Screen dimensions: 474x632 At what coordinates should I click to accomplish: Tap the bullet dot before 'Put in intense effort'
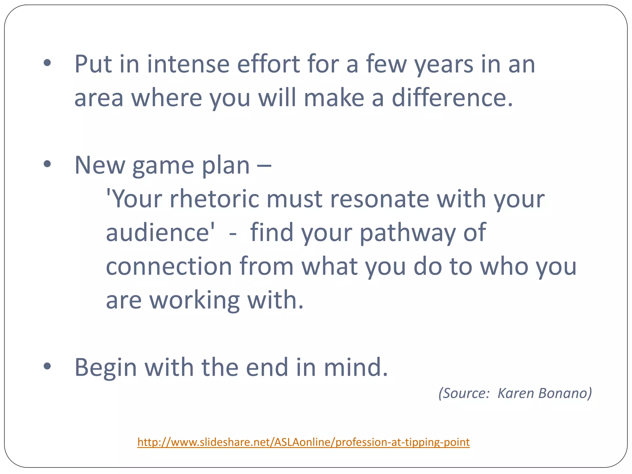pyautogui.click(x=47, y=63)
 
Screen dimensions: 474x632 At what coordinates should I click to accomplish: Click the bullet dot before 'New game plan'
pyautogui.click(x=47, y=164)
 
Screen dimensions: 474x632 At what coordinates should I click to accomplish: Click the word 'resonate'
pyautogui.click(x=380, y=199)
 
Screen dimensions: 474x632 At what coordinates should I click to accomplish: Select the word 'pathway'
pyautogui.click(x=408, y=233)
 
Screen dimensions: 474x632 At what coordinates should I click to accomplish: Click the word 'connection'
pyautogui.click(x=169, y=266)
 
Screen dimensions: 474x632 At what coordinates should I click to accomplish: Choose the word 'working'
pyautogui.click(x=195, y=300)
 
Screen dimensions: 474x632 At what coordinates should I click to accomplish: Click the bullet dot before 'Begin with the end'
pyautogui.click(x=47, y=366)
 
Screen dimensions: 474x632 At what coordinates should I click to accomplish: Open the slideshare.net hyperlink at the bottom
pyautogui.click(x=303, y=442)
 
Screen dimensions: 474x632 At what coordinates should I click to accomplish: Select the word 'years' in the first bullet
pyautogui.click(x=444, y=65)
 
